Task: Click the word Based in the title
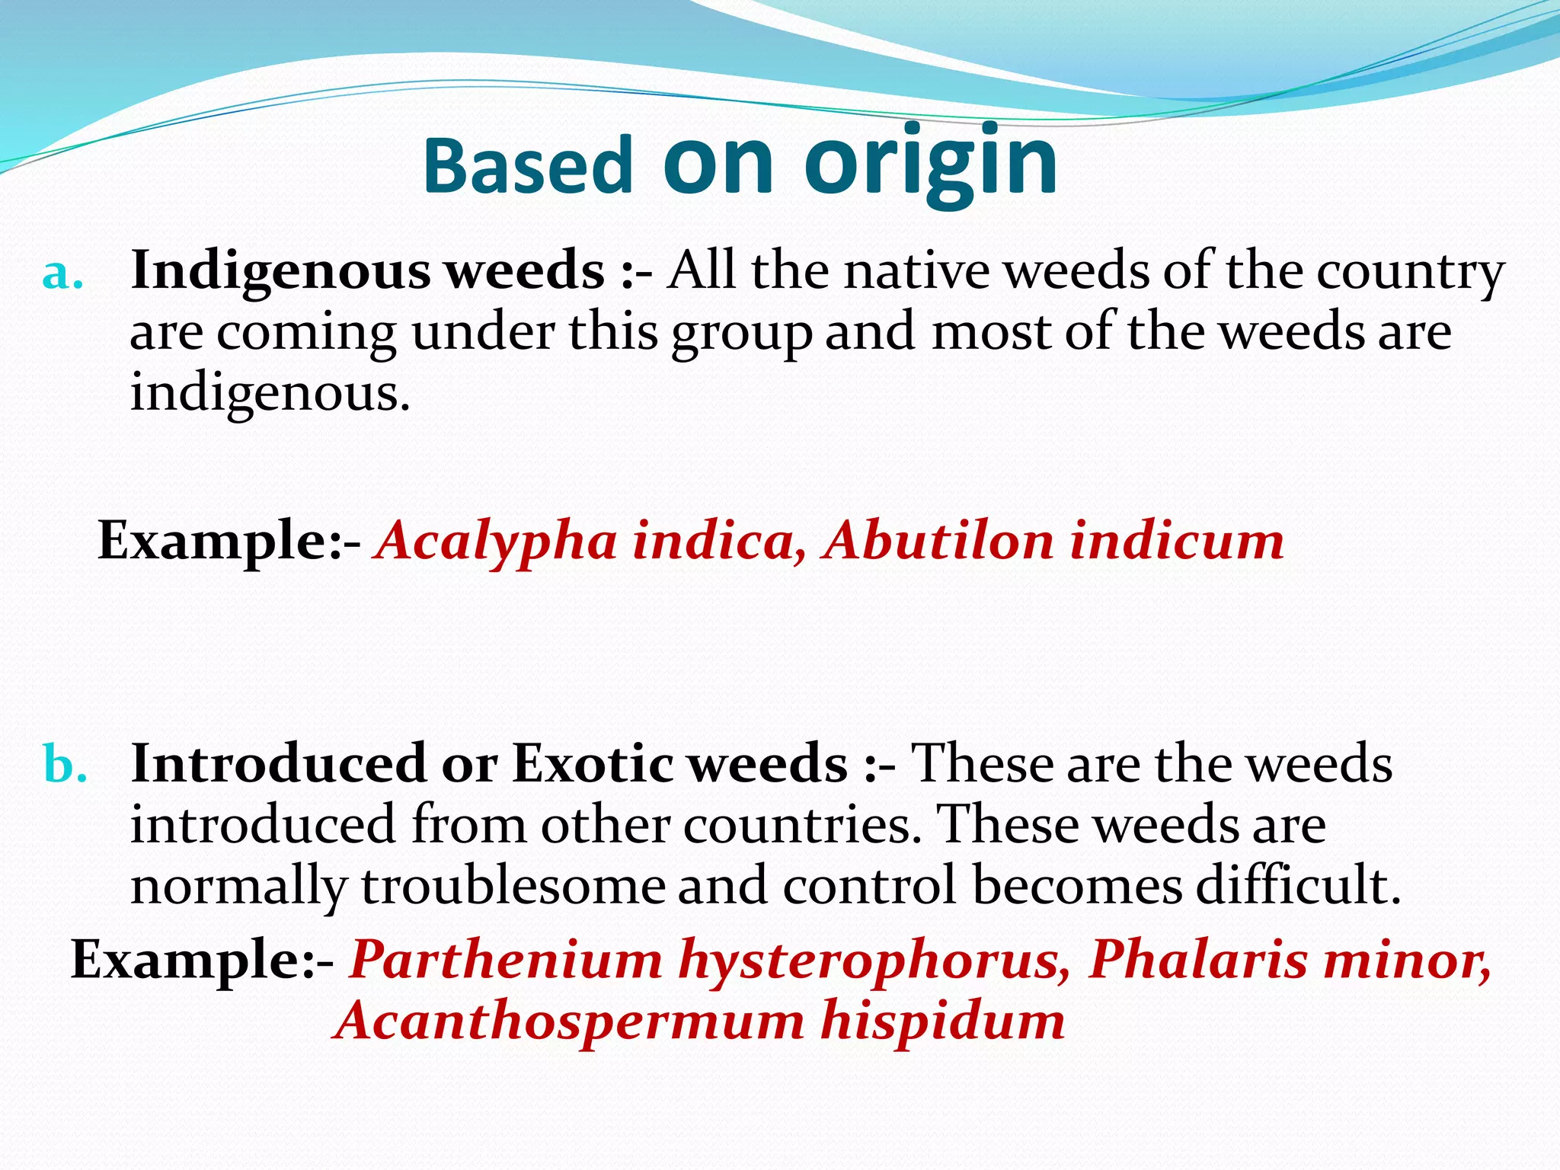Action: point(527,165)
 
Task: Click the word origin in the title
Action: point(931,161)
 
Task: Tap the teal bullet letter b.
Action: point(65,764)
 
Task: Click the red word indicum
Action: point(1176,541)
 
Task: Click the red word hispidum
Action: point(942,1021)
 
